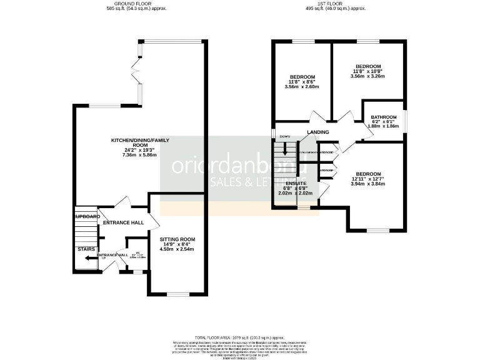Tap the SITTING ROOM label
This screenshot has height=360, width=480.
(178, 239)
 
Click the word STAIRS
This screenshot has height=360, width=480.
(86, 249)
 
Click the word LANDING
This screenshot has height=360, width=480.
(317, 132)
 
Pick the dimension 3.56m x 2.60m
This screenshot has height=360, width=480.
(302, 87)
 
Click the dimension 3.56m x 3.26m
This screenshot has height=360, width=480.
(368, 76)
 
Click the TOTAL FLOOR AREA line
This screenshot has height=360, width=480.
(240, 336)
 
